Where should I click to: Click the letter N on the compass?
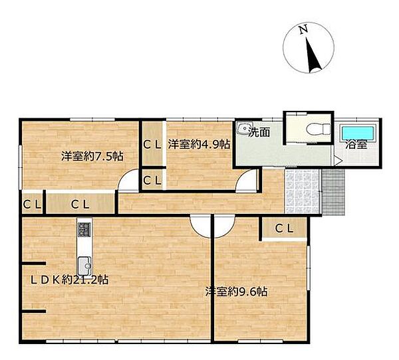(x=303, y=29)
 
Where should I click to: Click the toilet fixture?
(x=318, y=129)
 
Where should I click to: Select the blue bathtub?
(x=358, y=132)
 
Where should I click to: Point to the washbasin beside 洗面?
(x=244, y=128)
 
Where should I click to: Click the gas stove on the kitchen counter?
(x=84, y=229)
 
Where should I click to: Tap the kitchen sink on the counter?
(x=84, y=265)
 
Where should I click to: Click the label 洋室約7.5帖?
(x=92, y=156)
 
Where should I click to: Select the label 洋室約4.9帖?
(x=199, y=144)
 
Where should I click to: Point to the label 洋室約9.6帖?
(x=236, y=292)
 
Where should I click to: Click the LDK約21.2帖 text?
(x=69, y=280)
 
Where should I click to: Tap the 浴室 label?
(x=356, y=145)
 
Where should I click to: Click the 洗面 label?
(x=259, y=132)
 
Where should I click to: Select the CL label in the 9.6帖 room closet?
(x=284, y=228)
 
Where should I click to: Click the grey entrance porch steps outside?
(x=333, y=192)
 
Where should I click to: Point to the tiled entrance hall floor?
(x=302, y=191)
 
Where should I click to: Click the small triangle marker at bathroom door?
(x=338, y=161)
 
